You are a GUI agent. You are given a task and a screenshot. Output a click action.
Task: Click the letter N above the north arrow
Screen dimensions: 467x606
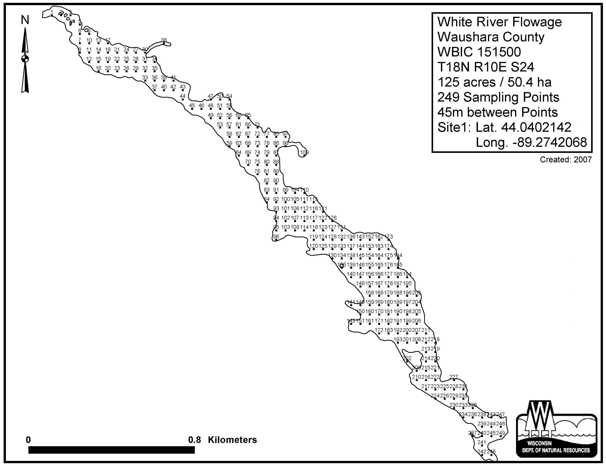pyautogui.click(x=25, y=20)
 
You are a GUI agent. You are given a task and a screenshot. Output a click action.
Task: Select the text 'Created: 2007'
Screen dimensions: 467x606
pyautogui.click(x=566, y=160)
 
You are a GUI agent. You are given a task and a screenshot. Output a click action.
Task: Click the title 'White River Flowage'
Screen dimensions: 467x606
pyautogui.click(x=499, y=22)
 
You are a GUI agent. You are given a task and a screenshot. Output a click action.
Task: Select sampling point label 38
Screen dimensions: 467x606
pyautogui.click(x=164, y=40)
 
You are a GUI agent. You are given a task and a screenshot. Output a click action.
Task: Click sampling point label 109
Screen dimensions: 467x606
pyautogui.click(x=304, y=152)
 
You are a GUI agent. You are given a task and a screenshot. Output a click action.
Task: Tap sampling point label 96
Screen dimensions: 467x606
pyautogui.click(x=276, y=237)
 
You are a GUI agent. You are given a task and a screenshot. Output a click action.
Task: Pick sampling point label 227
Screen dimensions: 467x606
pyautogui.click(x=454, y=377)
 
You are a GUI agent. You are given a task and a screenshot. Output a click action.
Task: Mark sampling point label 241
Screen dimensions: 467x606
pyautogui.click(x=482, y=442)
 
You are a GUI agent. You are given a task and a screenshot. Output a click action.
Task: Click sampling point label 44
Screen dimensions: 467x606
pyautogui.click(x=183, y=96)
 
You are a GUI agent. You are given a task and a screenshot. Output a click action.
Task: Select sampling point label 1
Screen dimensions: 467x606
pyautogui.click(x=52, y=12)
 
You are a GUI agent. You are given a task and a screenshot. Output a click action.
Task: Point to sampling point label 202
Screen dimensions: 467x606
pyautogui.click(x=407, y=358)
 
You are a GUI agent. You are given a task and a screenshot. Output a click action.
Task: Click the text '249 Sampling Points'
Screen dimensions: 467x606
pyautogui.click(x=498, y=97)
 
